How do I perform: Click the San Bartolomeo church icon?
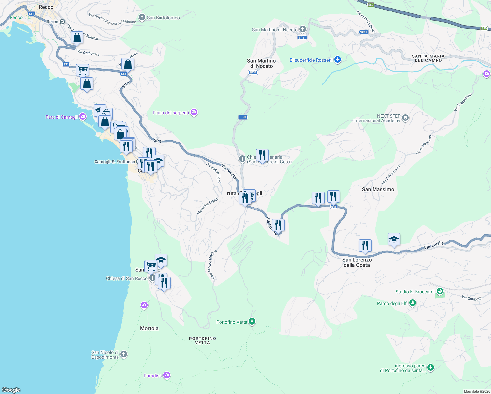pyautogui.click(x=142, y=17)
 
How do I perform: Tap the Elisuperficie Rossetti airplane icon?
pyautogui.click(x=338, y=60)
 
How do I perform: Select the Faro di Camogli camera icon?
pyautogui.click(x=82, y=116)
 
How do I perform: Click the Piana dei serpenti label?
pyautogui.click(x=171, y=113)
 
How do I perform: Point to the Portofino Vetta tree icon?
pyautogui.click(x=252, y=321)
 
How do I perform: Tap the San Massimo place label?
pyautogui.click(x=378, y=189)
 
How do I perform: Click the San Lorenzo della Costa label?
pyautogui.click(x=357, y=262)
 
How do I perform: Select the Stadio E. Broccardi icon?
pyautogui.click(x=439, y=291)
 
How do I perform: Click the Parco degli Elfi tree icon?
pyautogui.click(x=412, y=303)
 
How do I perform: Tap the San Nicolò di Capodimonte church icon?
pyautogui.click(x=124, y=354)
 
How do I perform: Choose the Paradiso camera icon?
pyautogui.click(x=167, y=375)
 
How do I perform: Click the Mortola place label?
pyautogui.click(x=149, y=328)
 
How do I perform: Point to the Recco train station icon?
pyautogui.click(x=62, y=22)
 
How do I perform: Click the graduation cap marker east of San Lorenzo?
pyautogui.click(x=394, y=240)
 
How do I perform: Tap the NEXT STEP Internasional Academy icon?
pyautogui.click(x=405, y=118)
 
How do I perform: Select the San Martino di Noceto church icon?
pyautogui.click(x=302, y=29)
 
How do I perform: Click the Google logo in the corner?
pyautogui.click(x=11, y=390)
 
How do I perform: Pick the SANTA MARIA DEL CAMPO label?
pyautogui.click(x=428, y=58)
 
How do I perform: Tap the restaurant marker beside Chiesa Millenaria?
pyautogui.click(x=262, y=155)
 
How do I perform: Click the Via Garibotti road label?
pyautogui.click(x=471, y=298)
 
